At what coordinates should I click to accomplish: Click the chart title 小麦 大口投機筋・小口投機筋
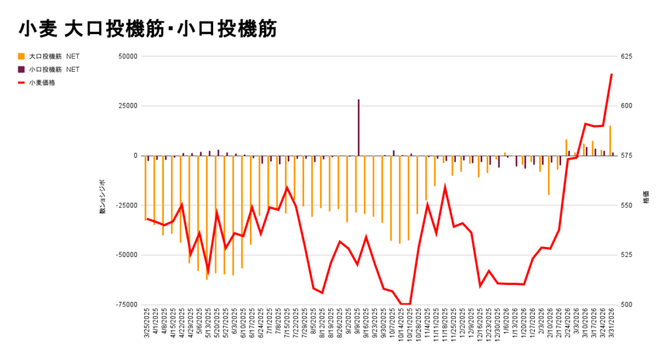tap(148, 29)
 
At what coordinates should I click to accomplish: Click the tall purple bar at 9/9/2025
tap(359, 128)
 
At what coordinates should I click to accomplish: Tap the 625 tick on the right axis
tap(626, 57)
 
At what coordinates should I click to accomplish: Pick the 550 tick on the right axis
tap(626, 205)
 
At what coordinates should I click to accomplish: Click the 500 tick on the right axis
tap(626, 305)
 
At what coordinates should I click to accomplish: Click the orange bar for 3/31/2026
tap(610, 141)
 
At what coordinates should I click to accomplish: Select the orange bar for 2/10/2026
tap(549, 175)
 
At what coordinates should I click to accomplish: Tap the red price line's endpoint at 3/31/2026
tap(611, 74)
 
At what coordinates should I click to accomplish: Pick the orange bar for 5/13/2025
tap(207, 217)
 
